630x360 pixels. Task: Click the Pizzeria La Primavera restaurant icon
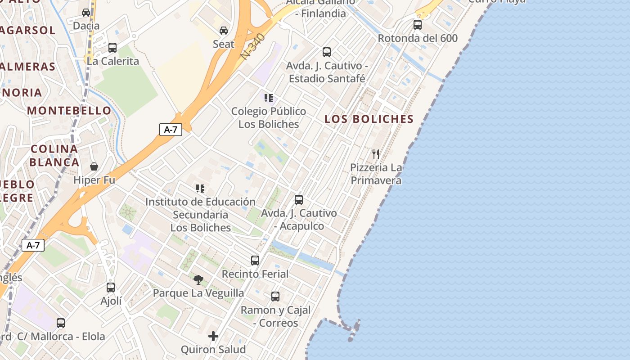pos(376,154)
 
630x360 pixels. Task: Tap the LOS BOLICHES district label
pos(369,119)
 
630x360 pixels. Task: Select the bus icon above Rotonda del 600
pos(418,25)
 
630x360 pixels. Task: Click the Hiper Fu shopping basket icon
pos(94,167)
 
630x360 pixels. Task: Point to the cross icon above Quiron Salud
pos(213,336)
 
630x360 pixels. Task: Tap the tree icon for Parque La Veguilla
pos(198,280)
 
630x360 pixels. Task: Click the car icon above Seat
pos(223,31)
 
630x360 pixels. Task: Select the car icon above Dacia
pos(86,13)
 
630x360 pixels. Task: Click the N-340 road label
pos(252,46)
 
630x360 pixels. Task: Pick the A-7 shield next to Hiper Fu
pos(171,130)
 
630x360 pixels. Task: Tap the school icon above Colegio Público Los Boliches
pos(269,98)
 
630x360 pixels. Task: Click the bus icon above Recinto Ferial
pos(255,261)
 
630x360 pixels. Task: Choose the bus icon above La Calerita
pos(112,48)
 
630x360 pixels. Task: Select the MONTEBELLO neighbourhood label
pos(69,111)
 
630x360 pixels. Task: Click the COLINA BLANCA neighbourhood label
pos(54,156)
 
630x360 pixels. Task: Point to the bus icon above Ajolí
pos(111,288)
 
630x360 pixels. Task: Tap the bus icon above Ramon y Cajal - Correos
pos(275,297)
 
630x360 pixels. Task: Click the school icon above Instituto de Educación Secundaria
pos(200,189)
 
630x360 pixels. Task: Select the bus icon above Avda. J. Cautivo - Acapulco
pos(299,200)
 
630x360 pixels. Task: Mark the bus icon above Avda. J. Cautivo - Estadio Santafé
pos(327,52)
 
